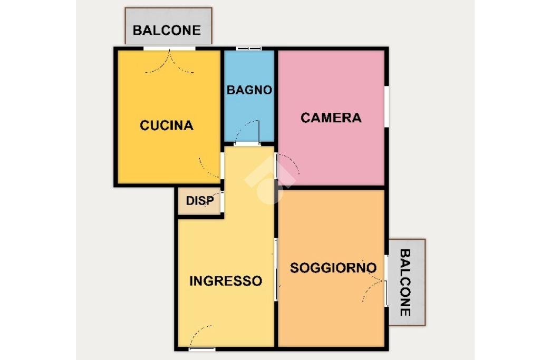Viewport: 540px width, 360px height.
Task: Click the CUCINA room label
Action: [x=167, y=125]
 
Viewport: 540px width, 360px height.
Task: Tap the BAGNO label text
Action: [x=249, y=90]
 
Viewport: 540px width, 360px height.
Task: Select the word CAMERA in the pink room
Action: [x=331, y=118]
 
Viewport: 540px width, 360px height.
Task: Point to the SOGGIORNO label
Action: [x=333, y=268]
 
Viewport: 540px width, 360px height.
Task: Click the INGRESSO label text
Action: [x=226, y=281]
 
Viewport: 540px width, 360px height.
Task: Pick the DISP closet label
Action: [x=200, y=201]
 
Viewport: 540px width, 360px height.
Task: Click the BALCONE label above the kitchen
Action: [x=167, y=30]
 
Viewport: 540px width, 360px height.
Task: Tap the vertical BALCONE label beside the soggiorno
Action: [x=405, y=283]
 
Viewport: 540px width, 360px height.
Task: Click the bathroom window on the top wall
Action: [x=249, y=49]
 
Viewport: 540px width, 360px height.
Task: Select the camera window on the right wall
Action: [x=387, y=106]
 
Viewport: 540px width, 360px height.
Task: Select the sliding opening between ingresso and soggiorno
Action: [x=276, y=269]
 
